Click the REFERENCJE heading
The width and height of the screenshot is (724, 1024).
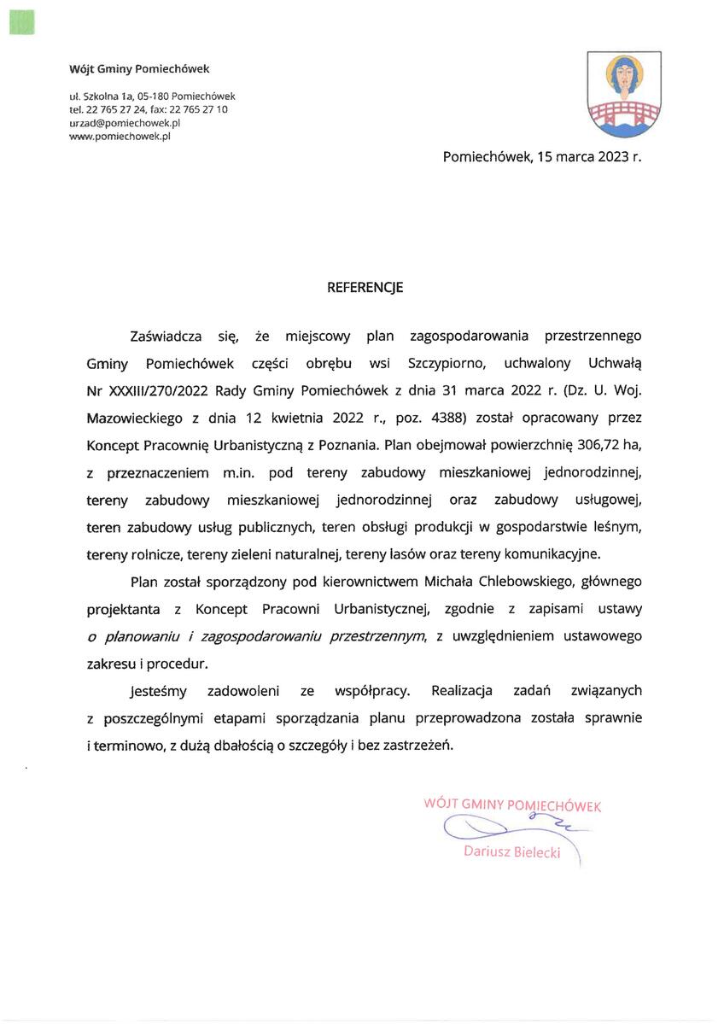[365, 288]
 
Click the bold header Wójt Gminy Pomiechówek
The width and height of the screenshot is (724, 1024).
[139, 68]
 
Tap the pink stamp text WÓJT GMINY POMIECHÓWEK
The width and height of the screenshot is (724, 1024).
[512, 805]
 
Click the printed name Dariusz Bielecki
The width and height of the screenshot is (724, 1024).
[512, 852]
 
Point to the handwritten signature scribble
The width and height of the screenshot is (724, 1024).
[504, 828]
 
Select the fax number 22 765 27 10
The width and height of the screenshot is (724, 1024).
[201, 109]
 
